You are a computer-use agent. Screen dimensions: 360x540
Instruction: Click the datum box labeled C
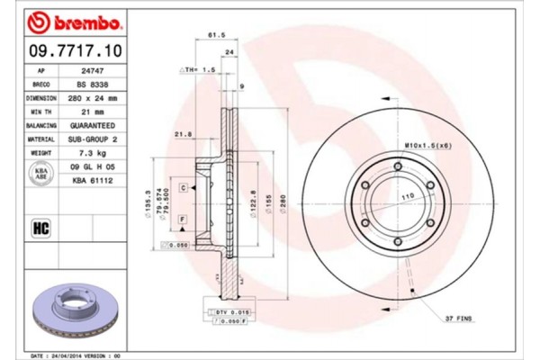[x=183, y=187]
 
